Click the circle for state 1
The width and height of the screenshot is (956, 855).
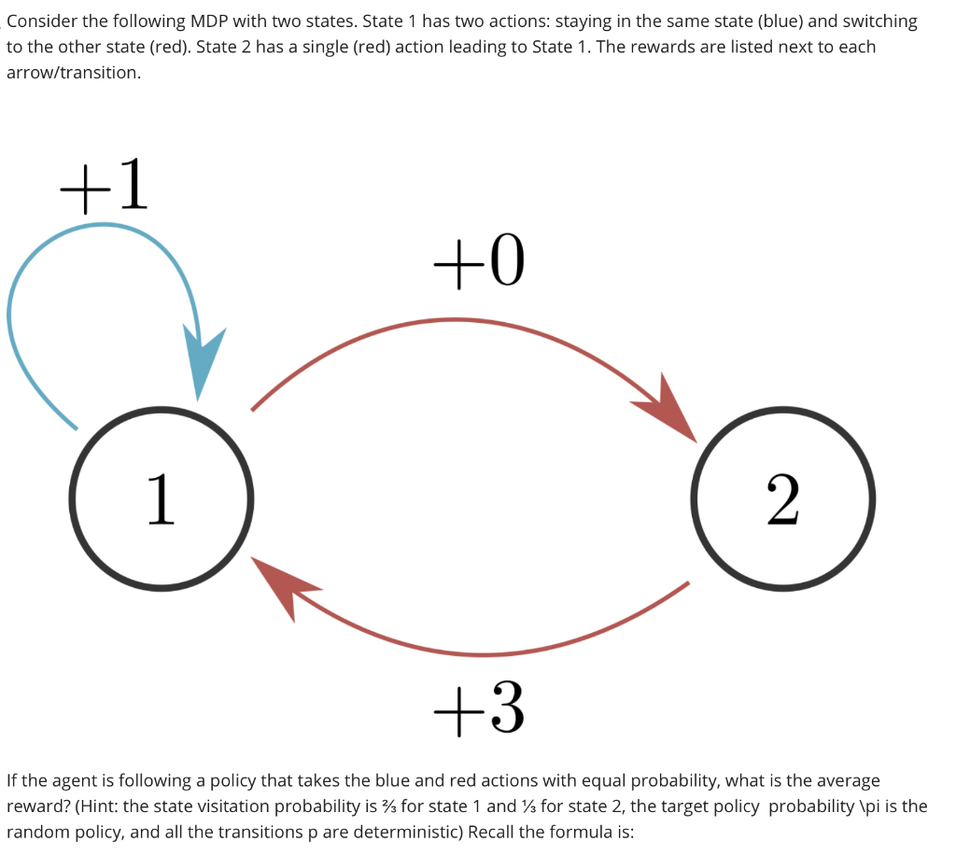(x=161, y=498)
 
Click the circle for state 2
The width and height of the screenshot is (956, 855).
(x=782, y=498)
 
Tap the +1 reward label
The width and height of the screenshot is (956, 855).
(x=104, y=186)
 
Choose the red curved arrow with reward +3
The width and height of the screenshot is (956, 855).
(x=485, y=650)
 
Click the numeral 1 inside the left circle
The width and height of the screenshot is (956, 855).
(x=161, y=498)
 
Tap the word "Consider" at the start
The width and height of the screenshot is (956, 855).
(x=44, y=21)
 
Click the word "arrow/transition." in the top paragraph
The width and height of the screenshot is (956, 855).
(x=74, y=72)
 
